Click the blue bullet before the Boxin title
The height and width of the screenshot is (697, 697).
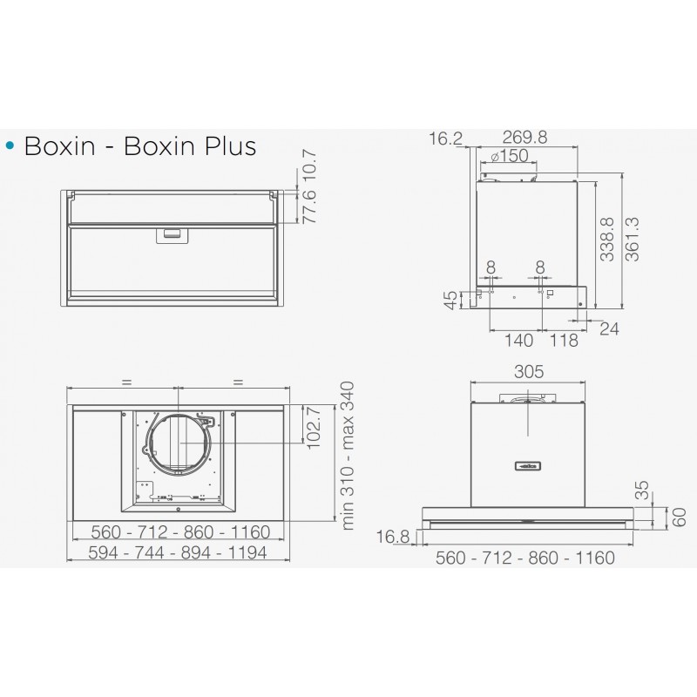[x=11, y=146]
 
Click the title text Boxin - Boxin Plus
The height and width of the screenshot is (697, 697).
[x=140, y=145]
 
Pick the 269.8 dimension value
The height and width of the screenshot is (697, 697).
[x=524, y=138]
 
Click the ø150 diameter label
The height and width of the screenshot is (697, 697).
[x=510, y=156]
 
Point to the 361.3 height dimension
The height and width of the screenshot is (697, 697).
[x=634, y=240]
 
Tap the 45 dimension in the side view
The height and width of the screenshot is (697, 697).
[x=450, y=301]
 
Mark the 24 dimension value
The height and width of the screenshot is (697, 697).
[x=609, y=328]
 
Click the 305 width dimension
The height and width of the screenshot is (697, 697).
[x=528, y=372]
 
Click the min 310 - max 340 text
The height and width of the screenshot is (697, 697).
[x=348, y=456]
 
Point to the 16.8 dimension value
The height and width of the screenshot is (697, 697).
[x=394, y=538]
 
